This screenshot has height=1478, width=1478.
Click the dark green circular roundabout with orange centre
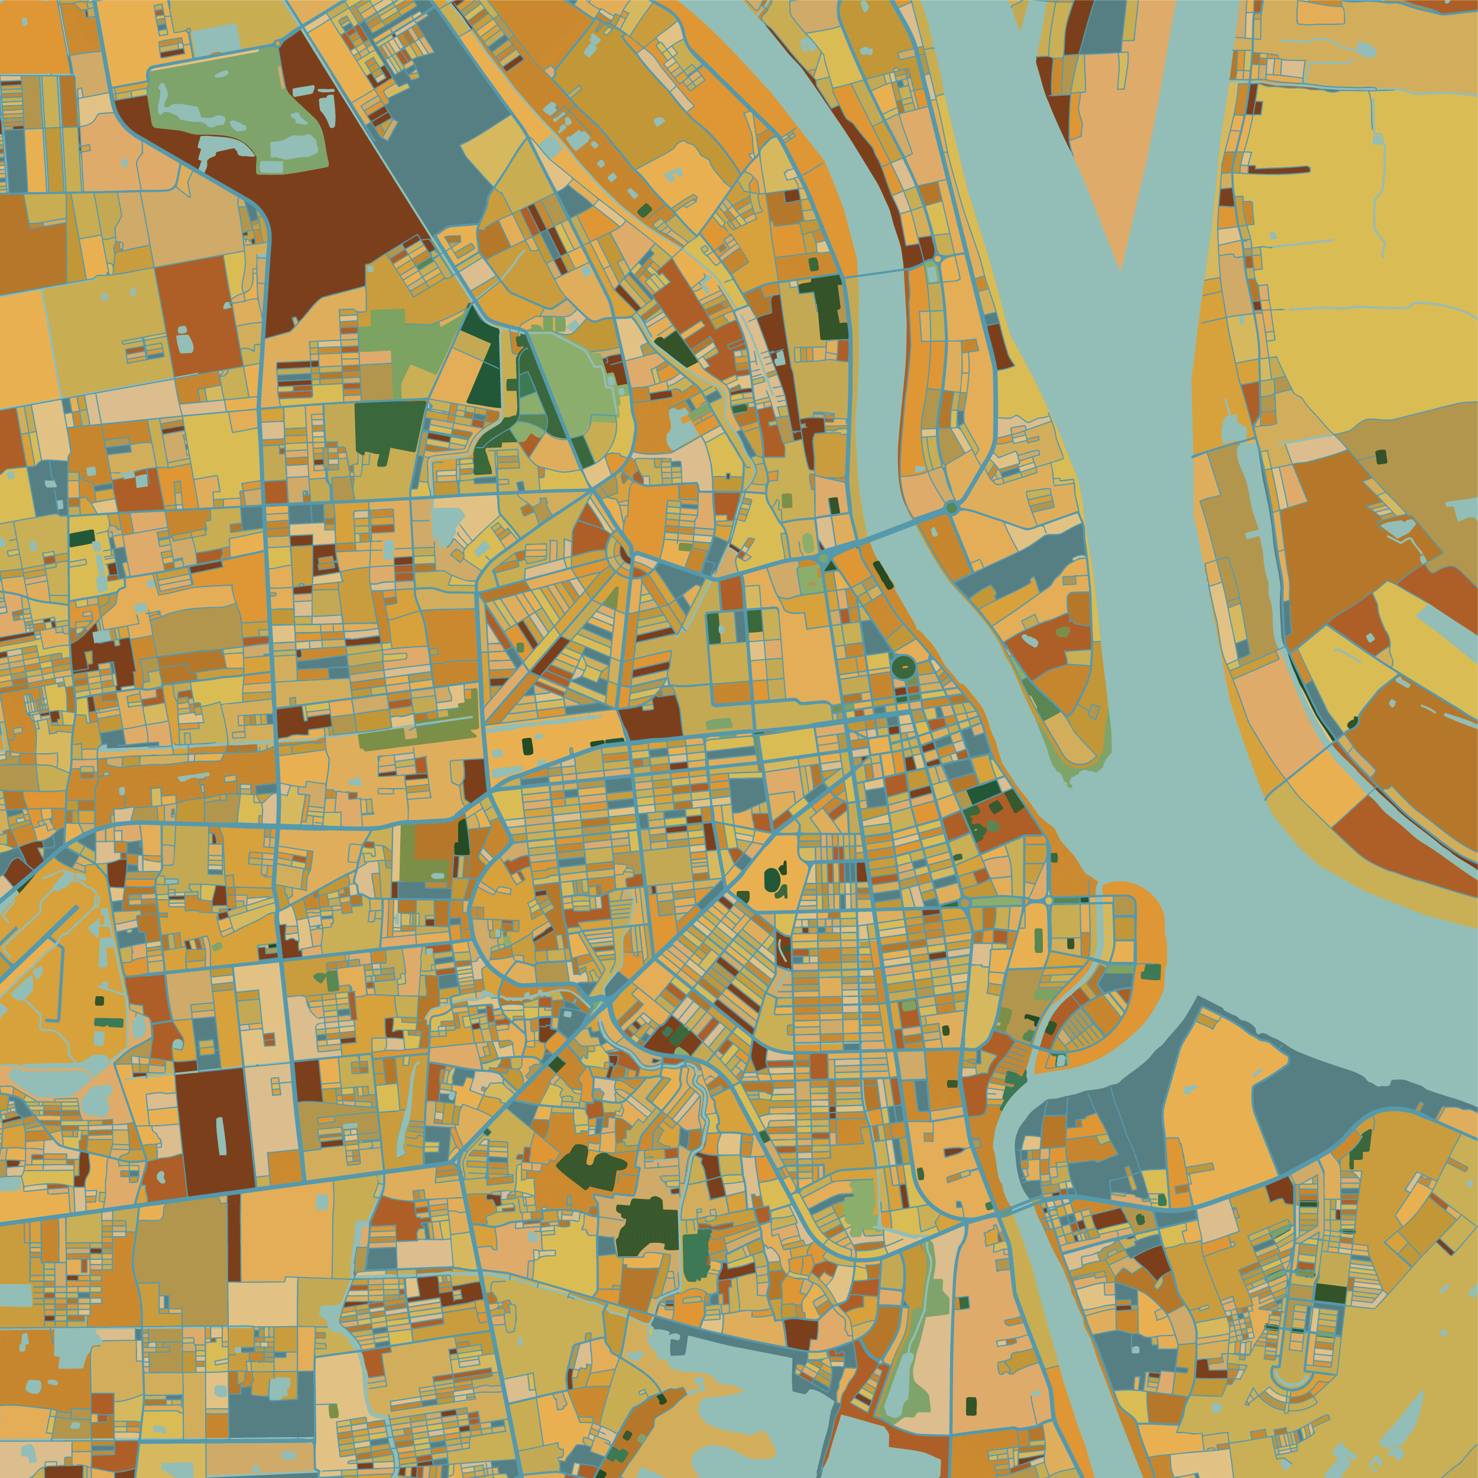903,667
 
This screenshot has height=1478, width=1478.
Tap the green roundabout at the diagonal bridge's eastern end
951,507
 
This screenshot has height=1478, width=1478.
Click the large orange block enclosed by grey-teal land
1216,1101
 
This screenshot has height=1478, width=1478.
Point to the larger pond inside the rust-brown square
185,340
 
